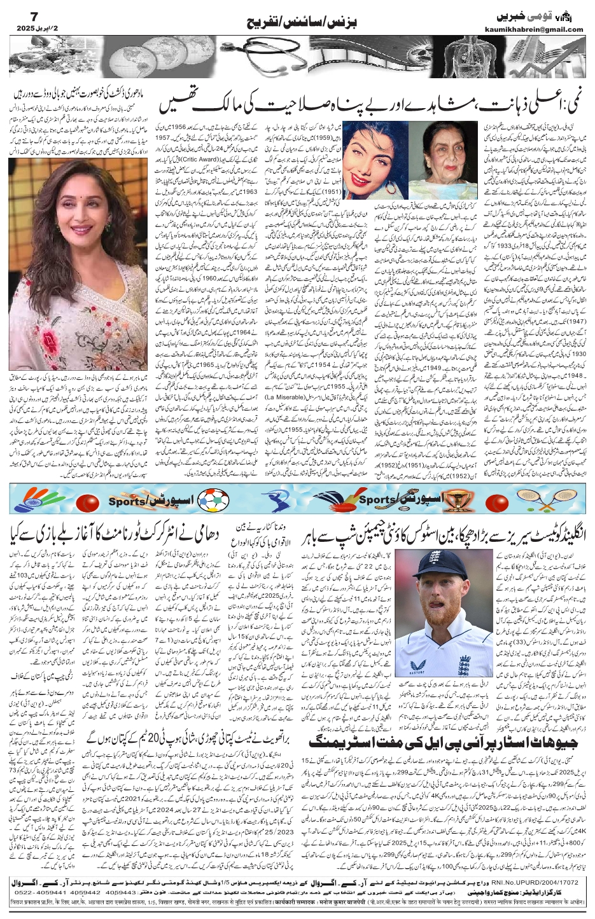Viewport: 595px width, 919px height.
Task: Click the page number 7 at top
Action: click(x=17, y=13)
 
